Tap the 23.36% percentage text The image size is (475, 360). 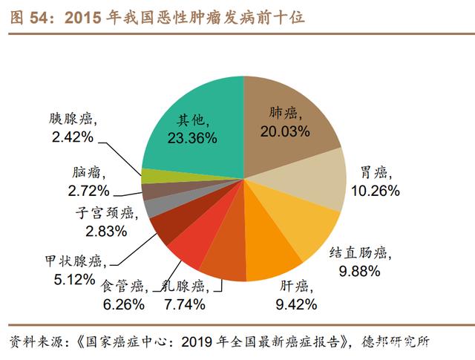click(191, 137)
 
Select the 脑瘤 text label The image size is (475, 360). click(90, 170)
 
